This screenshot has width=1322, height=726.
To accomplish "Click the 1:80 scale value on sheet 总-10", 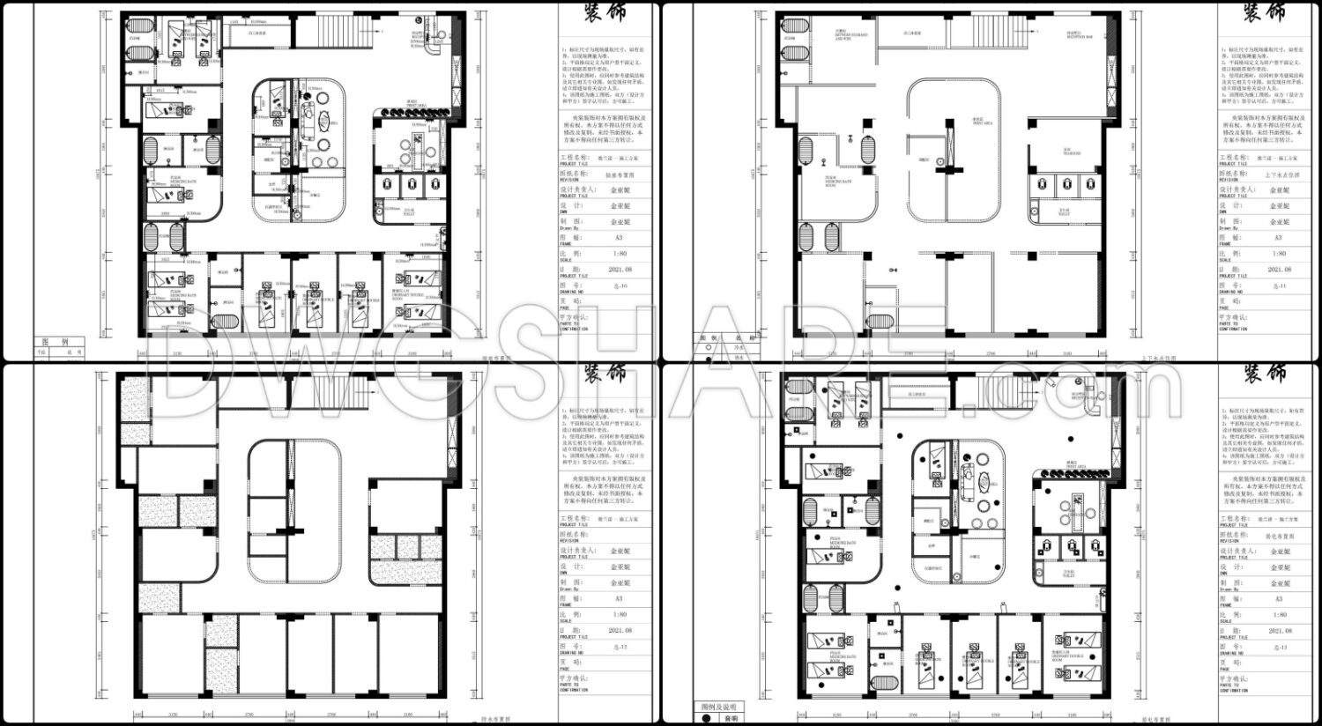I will pyautogui.click(x=620, y=254).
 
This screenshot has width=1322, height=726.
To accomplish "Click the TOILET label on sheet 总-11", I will pyautogui.click(x=1064, y=211).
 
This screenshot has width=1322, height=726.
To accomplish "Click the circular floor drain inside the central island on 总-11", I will pyautogui.click(x=940, y=160).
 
